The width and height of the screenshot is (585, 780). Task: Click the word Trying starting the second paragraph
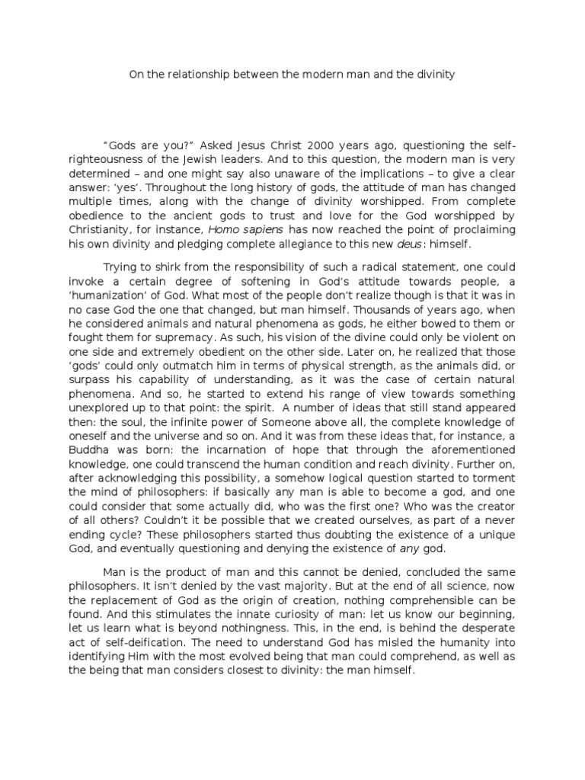(121, 267)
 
